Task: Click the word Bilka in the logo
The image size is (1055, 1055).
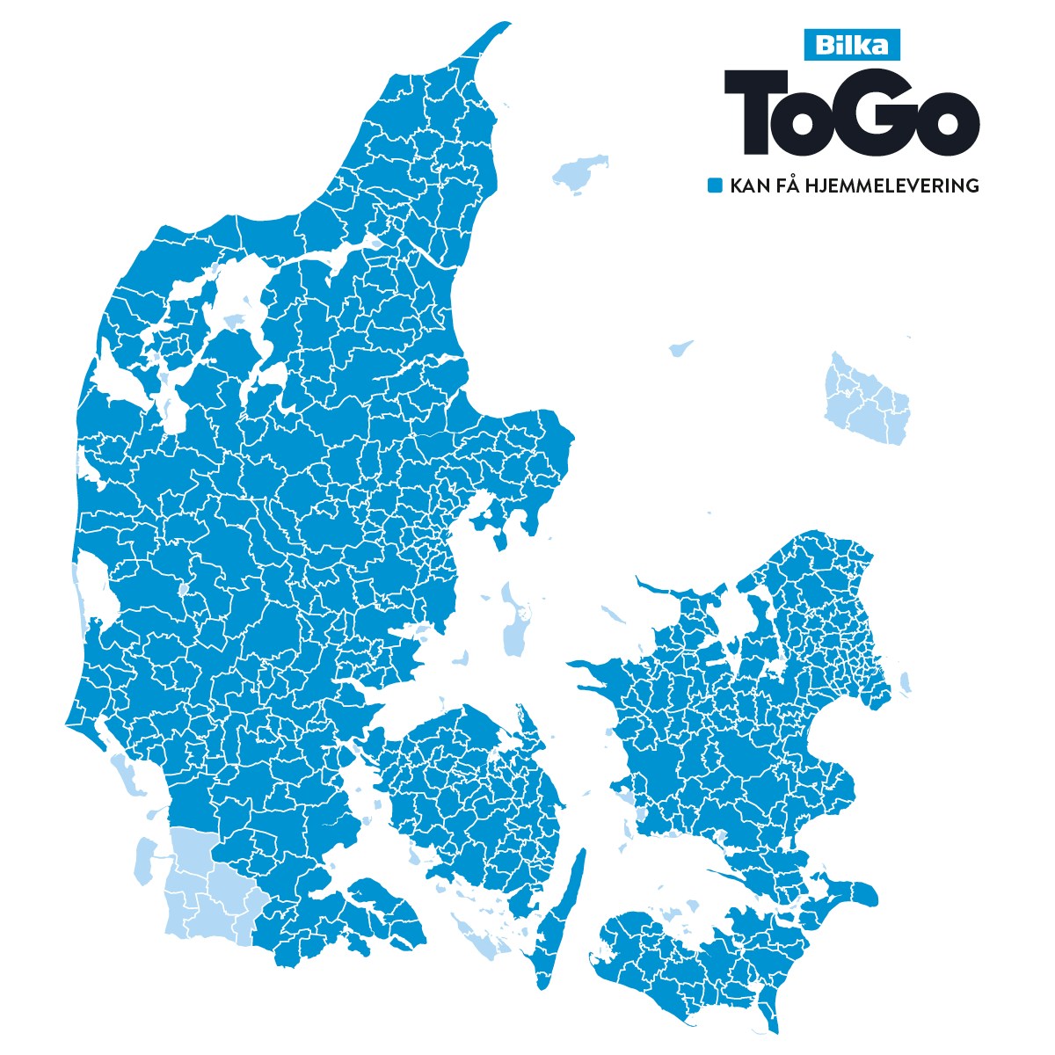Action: [x=852, y=45]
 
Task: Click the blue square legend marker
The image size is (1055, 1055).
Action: [x=716, y=186]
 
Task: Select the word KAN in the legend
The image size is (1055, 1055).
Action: [x=748, y=186]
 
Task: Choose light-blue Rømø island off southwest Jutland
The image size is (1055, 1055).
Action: [x=143, y=861]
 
